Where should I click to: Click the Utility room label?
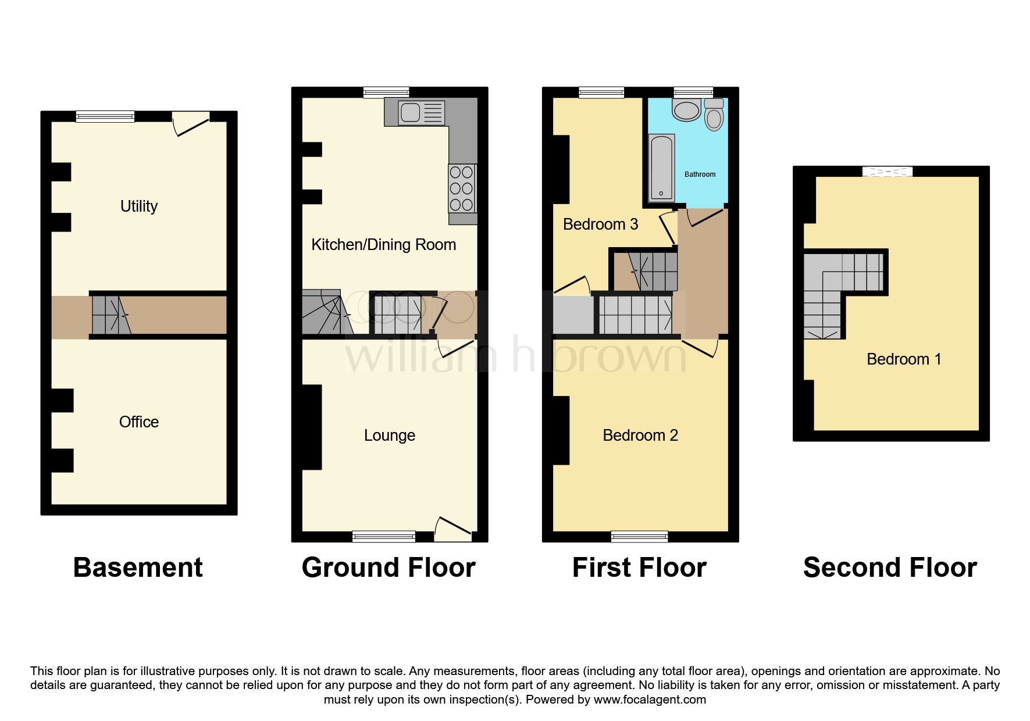pyautogui.click(x=138, y=206)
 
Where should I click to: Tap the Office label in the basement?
pyautogui.click(x=138, y=422)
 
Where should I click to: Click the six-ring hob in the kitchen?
pyautogui.click(x=462, y=188)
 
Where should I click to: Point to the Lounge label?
pyautogui.click(x=389, y=436)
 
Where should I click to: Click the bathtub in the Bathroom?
pyautogui.click(x=661, y=167)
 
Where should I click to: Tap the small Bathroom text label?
pyautogui.click(x=700, y=174)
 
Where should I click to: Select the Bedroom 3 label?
pyautogui.click(x=600, y=224)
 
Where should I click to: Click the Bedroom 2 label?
pyautogui.click(x=640, y=436)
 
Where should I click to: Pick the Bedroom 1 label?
pyautogui.click(x=903, y=359)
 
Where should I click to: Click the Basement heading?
pyautogui.click(x=138, y=567)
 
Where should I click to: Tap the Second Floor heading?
pyautogui.click(x=890, y=567)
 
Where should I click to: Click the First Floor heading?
pyautogui.click(x=639, y=567)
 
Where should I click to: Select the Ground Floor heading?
pyautogui.click(x=389, y=567)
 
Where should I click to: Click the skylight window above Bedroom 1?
pyautogui.click(x=887, y=171)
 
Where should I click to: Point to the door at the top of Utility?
pyautogui.click(x=191, y=123)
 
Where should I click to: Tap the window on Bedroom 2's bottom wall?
pyautogui.click(x=639, y=536)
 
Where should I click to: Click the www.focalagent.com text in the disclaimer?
pyautogui.click(x=650, y=699)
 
